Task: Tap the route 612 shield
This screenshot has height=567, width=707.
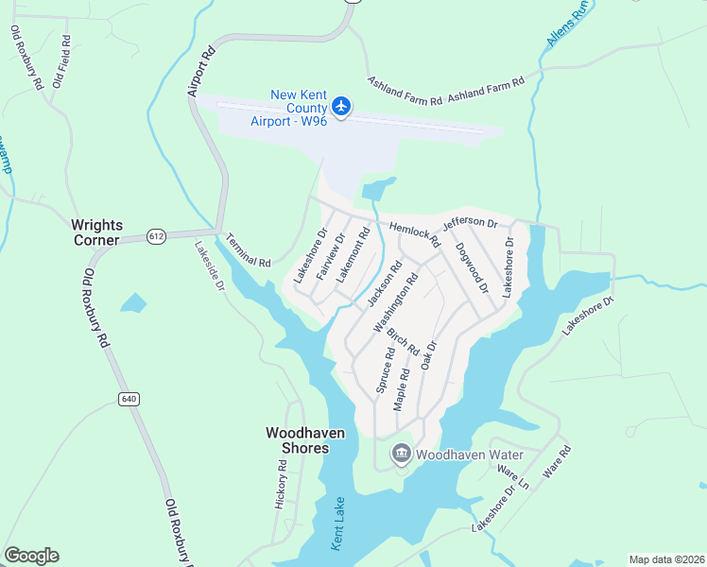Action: (157, 236)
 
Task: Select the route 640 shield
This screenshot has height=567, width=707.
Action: (129, 399)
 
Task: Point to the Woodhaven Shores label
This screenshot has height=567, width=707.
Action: (304, 439)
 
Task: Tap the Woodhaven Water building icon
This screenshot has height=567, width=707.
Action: (402, 455)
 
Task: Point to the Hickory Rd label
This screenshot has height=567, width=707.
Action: (282, 485)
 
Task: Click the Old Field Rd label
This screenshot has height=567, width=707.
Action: (61, 61)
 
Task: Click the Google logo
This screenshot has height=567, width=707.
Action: (31, 556)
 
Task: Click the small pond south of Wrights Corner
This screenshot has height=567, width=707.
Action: (134, 304)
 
